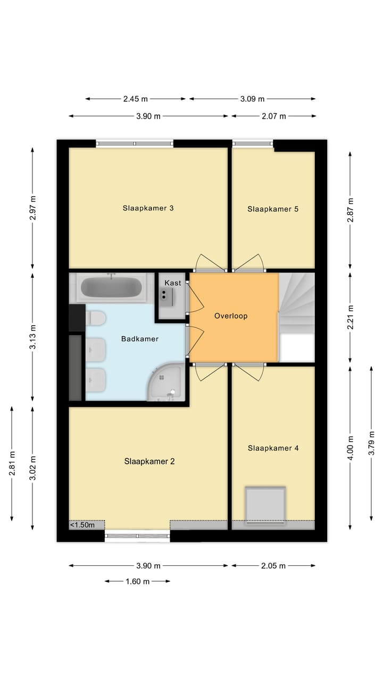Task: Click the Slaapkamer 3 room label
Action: pos(148,208)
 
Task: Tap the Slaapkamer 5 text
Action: pos(273,209)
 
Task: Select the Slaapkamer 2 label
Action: pos(149,462)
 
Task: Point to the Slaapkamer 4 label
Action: pos(273,448)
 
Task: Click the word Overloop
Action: pos(231,316)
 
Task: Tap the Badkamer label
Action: pos(139,339)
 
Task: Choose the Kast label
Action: pos(173,283)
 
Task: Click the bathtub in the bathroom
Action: pos(111,288)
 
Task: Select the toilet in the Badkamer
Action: pos(96,318)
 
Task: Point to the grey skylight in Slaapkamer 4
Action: pos(265,505)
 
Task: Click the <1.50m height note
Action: pos(82,525)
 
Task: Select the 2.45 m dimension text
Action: pos(135,99)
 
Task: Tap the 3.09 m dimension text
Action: pos(252,99)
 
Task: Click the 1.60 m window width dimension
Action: pos(137,581)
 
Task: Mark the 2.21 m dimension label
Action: pos(351,316)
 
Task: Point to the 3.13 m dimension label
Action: pos(33,336)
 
